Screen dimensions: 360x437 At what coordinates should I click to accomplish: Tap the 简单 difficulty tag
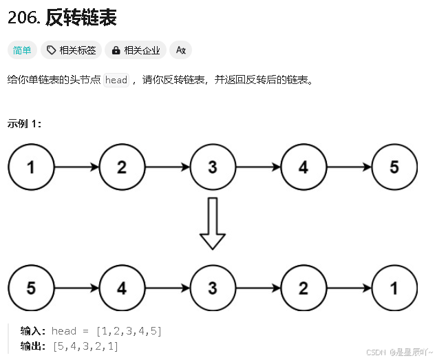(x=22, y=50)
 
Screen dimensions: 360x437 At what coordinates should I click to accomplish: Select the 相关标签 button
(x=72, y=50)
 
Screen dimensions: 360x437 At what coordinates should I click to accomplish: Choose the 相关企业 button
(x=136, y=50)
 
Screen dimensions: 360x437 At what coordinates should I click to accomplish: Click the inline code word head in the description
(x=116, y=80)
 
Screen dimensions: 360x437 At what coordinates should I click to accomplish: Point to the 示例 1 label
(x=25, y=124)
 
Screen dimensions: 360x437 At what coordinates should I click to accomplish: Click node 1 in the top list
(x=31, y=167)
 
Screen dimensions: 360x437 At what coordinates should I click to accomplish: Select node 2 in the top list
(x=122, y=167)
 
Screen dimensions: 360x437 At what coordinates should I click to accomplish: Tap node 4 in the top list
(x=303, y=167)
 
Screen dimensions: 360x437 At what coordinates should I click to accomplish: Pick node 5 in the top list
(x=394, y=167)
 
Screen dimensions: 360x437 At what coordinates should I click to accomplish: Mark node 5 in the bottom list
(x=31, y=288)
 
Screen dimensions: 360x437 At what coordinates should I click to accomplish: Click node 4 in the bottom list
(x=122, y=288)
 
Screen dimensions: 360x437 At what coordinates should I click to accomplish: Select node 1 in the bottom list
(x=394, y=288)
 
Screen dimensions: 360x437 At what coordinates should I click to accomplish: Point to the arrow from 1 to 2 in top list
(x=76, y=167)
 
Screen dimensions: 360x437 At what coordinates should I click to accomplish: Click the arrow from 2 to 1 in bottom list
(x=349, y=288)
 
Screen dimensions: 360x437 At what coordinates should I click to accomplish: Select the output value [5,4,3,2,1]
(x=85, y=346)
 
